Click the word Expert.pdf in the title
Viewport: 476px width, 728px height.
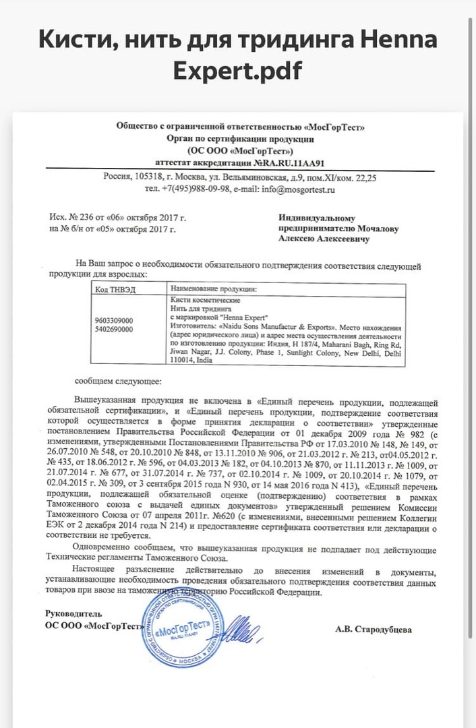237,70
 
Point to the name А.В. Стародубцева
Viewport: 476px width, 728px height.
373,630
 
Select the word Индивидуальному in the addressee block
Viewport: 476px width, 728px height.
317,218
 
